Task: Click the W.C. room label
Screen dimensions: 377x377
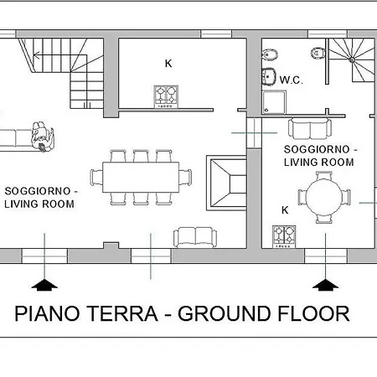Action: (291, 80)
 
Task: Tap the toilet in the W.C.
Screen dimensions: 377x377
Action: (318, 53)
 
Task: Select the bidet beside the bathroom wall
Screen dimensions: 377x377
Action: (270, 54)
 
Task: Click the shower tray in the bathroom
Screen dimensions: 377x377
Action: (275, 102)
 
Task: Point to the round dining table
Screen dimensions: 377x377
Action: (324, 198)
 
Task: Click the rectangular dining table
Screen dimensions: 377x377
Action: (141, 177)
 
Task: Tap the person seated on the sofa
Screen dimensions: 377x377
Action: (43, 137)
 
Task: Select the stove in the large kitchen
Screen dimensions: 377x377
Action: (166, 97)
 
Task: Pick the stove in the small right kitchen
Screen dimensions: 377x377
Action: (284, 237)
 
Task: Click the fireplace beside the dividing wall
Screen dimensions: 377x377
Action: (226, 183)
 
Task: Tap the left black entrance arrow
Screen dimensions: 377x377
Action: (44, 285)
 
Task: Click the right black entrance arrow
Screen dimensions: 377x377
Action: (325, 285)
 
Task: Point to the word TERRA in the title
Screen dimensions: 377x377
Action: (123, 313)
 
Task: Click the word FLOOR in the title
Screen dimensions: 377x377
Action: (313, 313)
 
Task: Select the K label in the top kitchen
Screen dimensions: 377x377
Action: (168, 64)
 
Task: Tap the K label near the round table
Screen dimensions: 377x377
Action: (285, 210)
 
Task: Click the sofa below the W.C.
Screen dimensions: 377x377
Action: (310, 129)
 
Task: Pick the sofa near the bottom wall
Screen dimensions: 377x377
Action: (195, 237)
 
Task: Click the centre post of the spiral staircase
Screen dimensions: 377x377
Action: (352, 59)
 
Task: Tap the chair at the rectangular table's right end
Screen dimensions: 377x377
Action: (185, 178)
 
